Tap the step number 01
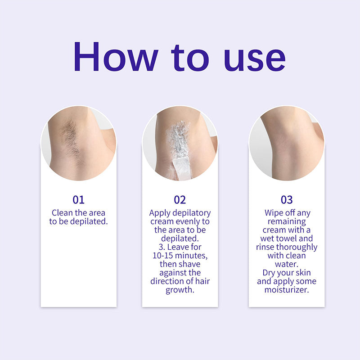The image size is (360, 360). [78, 200]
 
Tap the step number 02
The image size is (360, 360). [180, 200]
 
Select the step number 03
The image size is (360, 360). [286, 200]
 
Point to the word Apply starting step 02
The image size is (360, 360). [160, 213]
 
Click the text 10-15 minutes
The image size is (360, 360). [180, 256]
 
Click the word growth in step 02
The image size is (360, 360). [180, 290]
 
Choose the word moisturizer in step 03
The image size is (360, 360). [287, 290]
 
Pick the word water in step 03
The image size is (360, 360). [287, 264]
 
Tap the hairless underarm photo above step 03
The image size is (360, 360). [286, 142]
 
